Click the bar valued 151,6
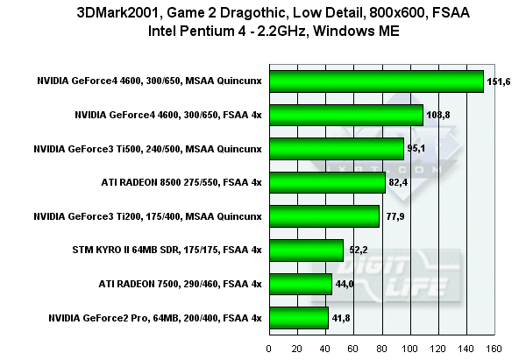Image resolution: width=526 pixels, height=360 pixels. pyautogui.click(x=377, y=81)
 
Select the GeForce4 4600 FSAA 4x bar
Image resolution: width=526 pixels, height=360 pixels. pyautogui.click(x=346, y=115)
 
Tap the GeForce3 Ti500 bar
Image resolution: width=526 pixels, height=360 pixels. pyautogui.click(x=337, y=148)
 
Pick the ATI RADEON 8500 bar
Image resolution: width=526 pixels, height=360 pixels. pyautogui.click(x=328, y=182)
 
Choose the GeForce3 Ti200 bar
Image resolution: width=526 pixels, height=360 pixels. pyautogui.click(x=324, y=215)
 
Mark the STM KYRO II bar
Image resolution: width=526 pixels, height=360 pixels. pyautogui.click(x=306, y=250)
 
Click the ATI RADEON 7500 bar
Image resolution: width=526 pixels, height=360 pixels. pyautogui.click(x=301, y=284)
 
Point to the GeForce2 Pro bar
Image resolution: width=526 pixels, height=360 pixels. pyautogui.click(x=299, y=317)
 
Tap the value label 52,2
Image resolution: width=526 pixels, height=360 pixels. pyautogui.click(x=358, y=250)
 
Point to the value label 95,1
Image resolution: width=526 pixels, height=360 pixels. pyautogui.click(x=417, y=148)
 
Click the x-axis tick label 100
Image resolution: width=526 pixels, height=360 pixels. pyautogui.click(x=409, y=348)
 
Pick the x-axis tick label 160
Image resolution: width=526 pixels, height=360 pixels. pyautogui.click(x=494, y=348)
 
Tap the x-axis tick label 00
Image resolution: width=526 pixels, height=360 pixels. pyautogui.click(x=269, y=348)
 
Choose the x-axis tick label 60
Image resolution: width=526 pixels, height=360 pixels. pyautogui.click(x=354, y=348)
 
